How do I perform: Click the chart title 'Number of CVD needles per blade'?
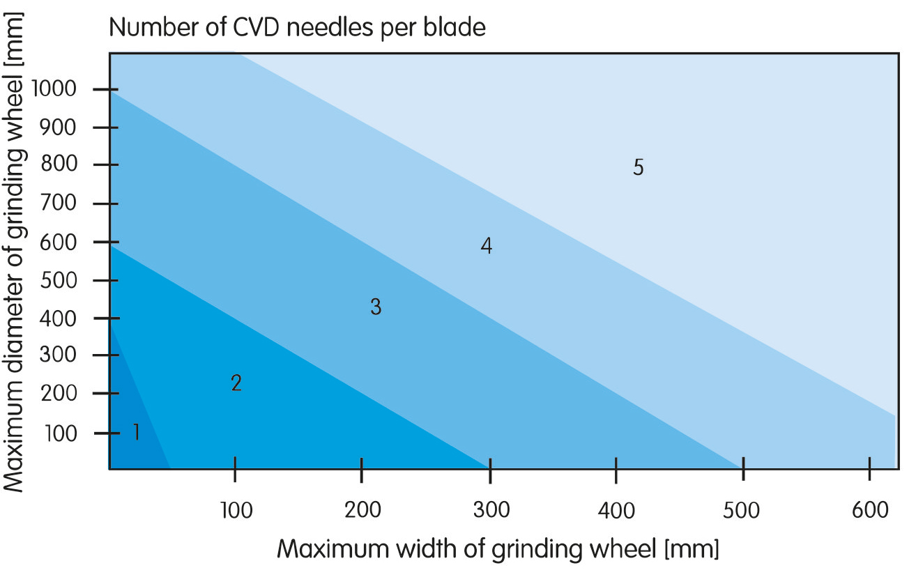click(x=297, y=28)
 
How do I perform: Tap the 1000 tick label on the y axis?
click(x=54, y=89)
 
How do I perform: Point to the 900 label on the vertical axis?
click(x=58, y=128)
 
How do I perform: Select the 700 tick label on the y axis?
click(x=58, y=203)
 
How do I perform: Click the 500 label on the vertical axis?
click(x=58, y=280)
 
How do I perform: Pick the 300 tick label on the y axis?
click(x=58, y=354)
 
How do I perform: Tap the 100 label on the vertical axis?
click(x=61, y=433)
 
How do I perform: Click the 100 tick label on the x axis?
click(x=236, y=510)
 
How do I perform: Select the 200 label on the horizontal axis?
click(x=362, y=510)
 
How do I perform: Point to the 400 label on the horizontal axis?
click(x=616, y=510)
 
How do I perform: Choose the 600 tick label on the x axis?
click(x=870, y=510)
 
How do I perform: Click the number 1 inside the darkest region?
click(x=137, y=432)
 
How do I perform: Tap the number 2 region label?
click(x=236, y=383)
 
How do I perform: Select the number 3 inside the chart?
click(x=376, y=307)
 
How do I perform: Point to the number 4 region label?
click(x=486, y=245)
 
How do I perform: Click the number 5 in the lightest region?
click(x=639, y=167)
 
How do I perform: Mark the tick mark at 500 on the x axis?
click(x=743, y=469)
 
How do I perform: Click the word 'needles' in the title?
click(x=329, y=28)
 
